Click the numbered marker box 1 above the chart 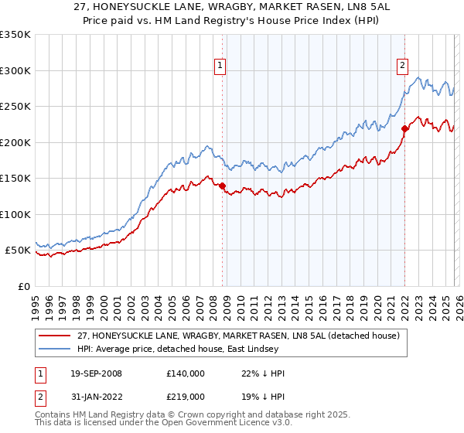pos(220,66)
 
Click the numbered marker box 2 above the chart pos(403,66)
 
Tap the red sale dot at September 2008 pos(222,186)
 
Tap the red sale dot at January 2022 pos(404,128)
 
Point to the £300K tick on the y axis pos(15,70)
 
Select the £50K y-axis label pos(19,251)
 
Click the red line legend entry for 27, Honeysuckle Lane pos(237,336)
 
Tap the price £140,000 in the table pos(185,373)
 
